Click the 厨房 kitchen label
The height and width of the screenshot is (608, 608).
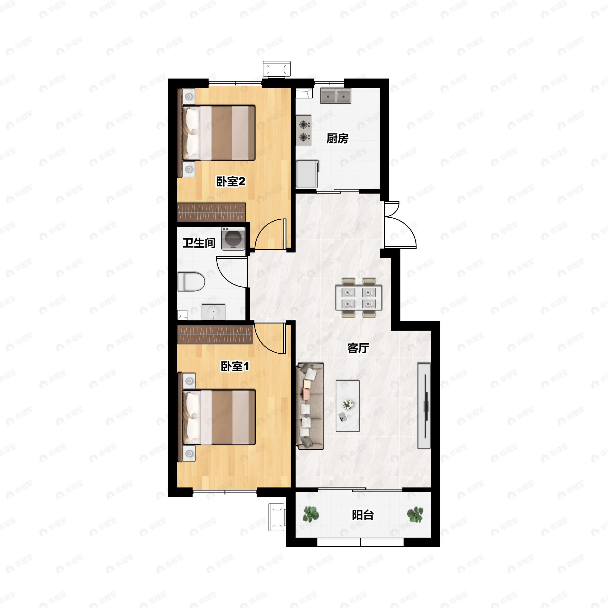tap(337, 139)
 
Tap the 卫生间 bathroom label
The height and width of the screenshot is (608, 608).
tap(199, 243)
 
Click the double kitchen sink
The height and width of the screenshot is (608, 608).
tap(336, 96)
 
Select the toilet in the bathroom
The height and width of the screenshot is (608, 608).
tap(191, 282)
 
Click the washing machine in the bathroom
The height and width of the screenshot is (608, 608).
tap(233, 239)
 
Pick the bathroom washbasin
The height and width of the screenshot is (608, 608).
tap(213, 312)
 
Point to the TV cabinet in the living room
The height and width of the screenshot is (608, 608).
tap(424, 406)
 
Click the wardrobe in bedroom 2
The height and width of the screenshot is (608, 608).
tap(211, 212)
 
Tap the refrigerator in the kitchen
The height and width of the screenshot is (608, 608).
tap(307, 174)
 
